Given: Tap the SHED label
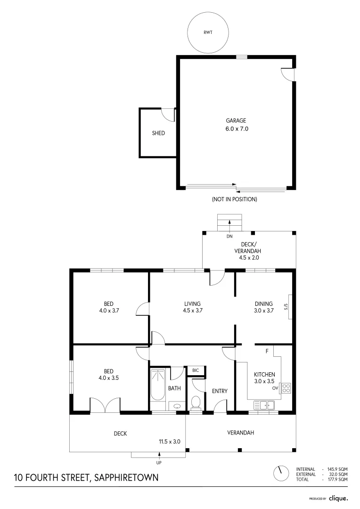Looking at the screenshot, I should click(x=158, y=133).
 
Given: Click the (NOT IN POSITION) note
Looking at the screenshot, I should click(x=234, y=199).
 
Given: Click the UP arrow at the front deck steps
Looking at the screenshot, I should click(x=159, y=455).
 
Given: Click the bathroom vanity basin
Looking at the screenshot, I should click(x=177, y=406).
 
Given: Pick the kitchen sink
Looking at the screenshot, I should click(x=264, y=404).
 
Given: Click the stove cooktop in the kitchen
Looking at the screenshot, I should click(x=286, y=388).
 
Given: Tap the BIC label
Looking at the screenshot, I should click(x=196, y=371).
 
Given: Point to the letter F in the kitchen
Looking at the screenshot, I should click(x=267, y=352).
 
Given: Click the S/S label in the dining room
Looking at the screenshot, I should click(x=286, y=307).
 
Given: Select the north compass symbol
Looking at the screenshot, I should click(x=281, y=473).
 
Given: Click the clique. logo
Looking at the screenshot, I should click(x=338, y=498).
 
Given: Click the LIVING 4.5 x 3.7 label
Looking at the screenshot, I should click(x=192, y=307).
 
